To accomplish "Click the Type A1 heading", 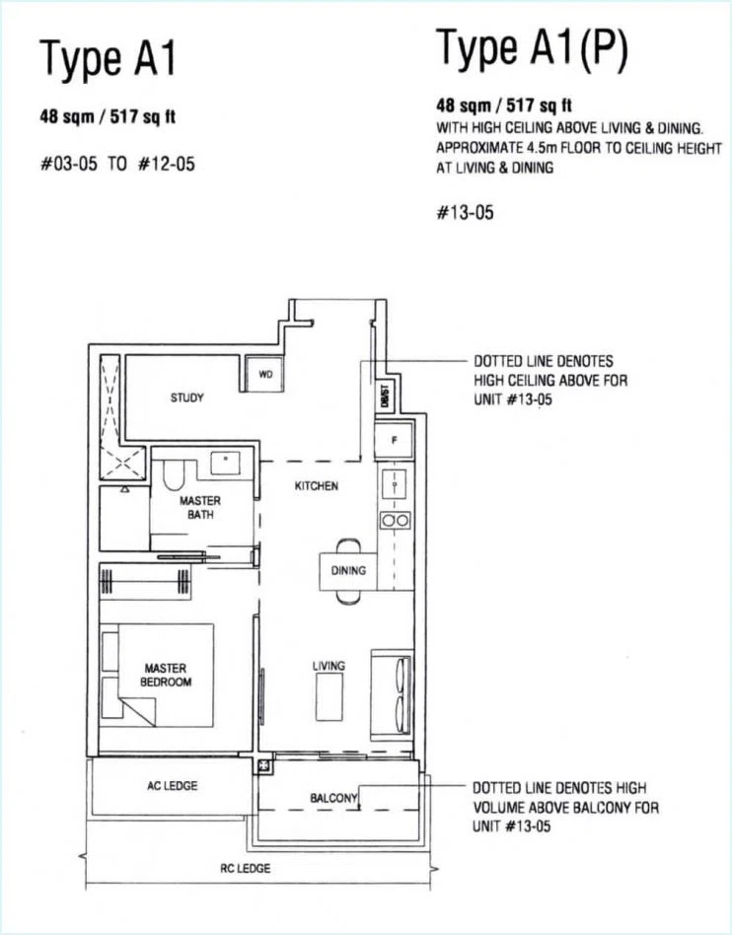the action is (x=108, y=59).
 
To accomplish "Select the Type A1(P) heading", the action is (x=532, y=48).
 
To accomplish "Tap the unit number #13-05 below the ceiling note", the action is (x=466, y=212).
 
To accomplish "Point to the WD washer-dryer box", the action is (x=264, y=374).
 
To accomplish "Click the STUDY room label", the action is (x=186, y=397).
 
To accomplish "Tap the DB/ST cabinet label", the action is (x=385, y=395).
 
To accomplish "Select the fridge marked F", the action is (x=395, y=441).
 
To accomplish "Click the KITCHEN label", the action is (x=317, y=486).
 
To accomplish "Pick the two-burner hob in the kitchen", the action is (x=395, y=521).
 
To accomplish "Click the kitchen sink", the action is (x=394, y=484).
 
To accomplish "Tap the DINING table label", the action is (x=348, y=571).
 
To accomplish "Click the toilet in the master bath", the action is (x=173, y=474).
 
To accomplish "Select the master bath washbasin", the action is (x=226, y=463).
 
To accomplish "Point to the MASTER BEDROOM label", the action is (x=166, y=675).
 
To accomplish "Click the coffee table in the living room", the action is (x=329, y=697).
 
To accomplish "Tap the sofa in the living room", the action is (x=392, y=695).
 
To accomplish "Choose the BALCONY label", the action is (x=333, y=798).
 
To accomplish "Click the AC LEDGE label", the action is (x=172, y=786).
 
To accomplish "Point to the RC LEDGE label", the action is (x=246, y=868).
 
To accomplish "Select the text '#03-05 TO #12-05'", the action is (x=117, y=164).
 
